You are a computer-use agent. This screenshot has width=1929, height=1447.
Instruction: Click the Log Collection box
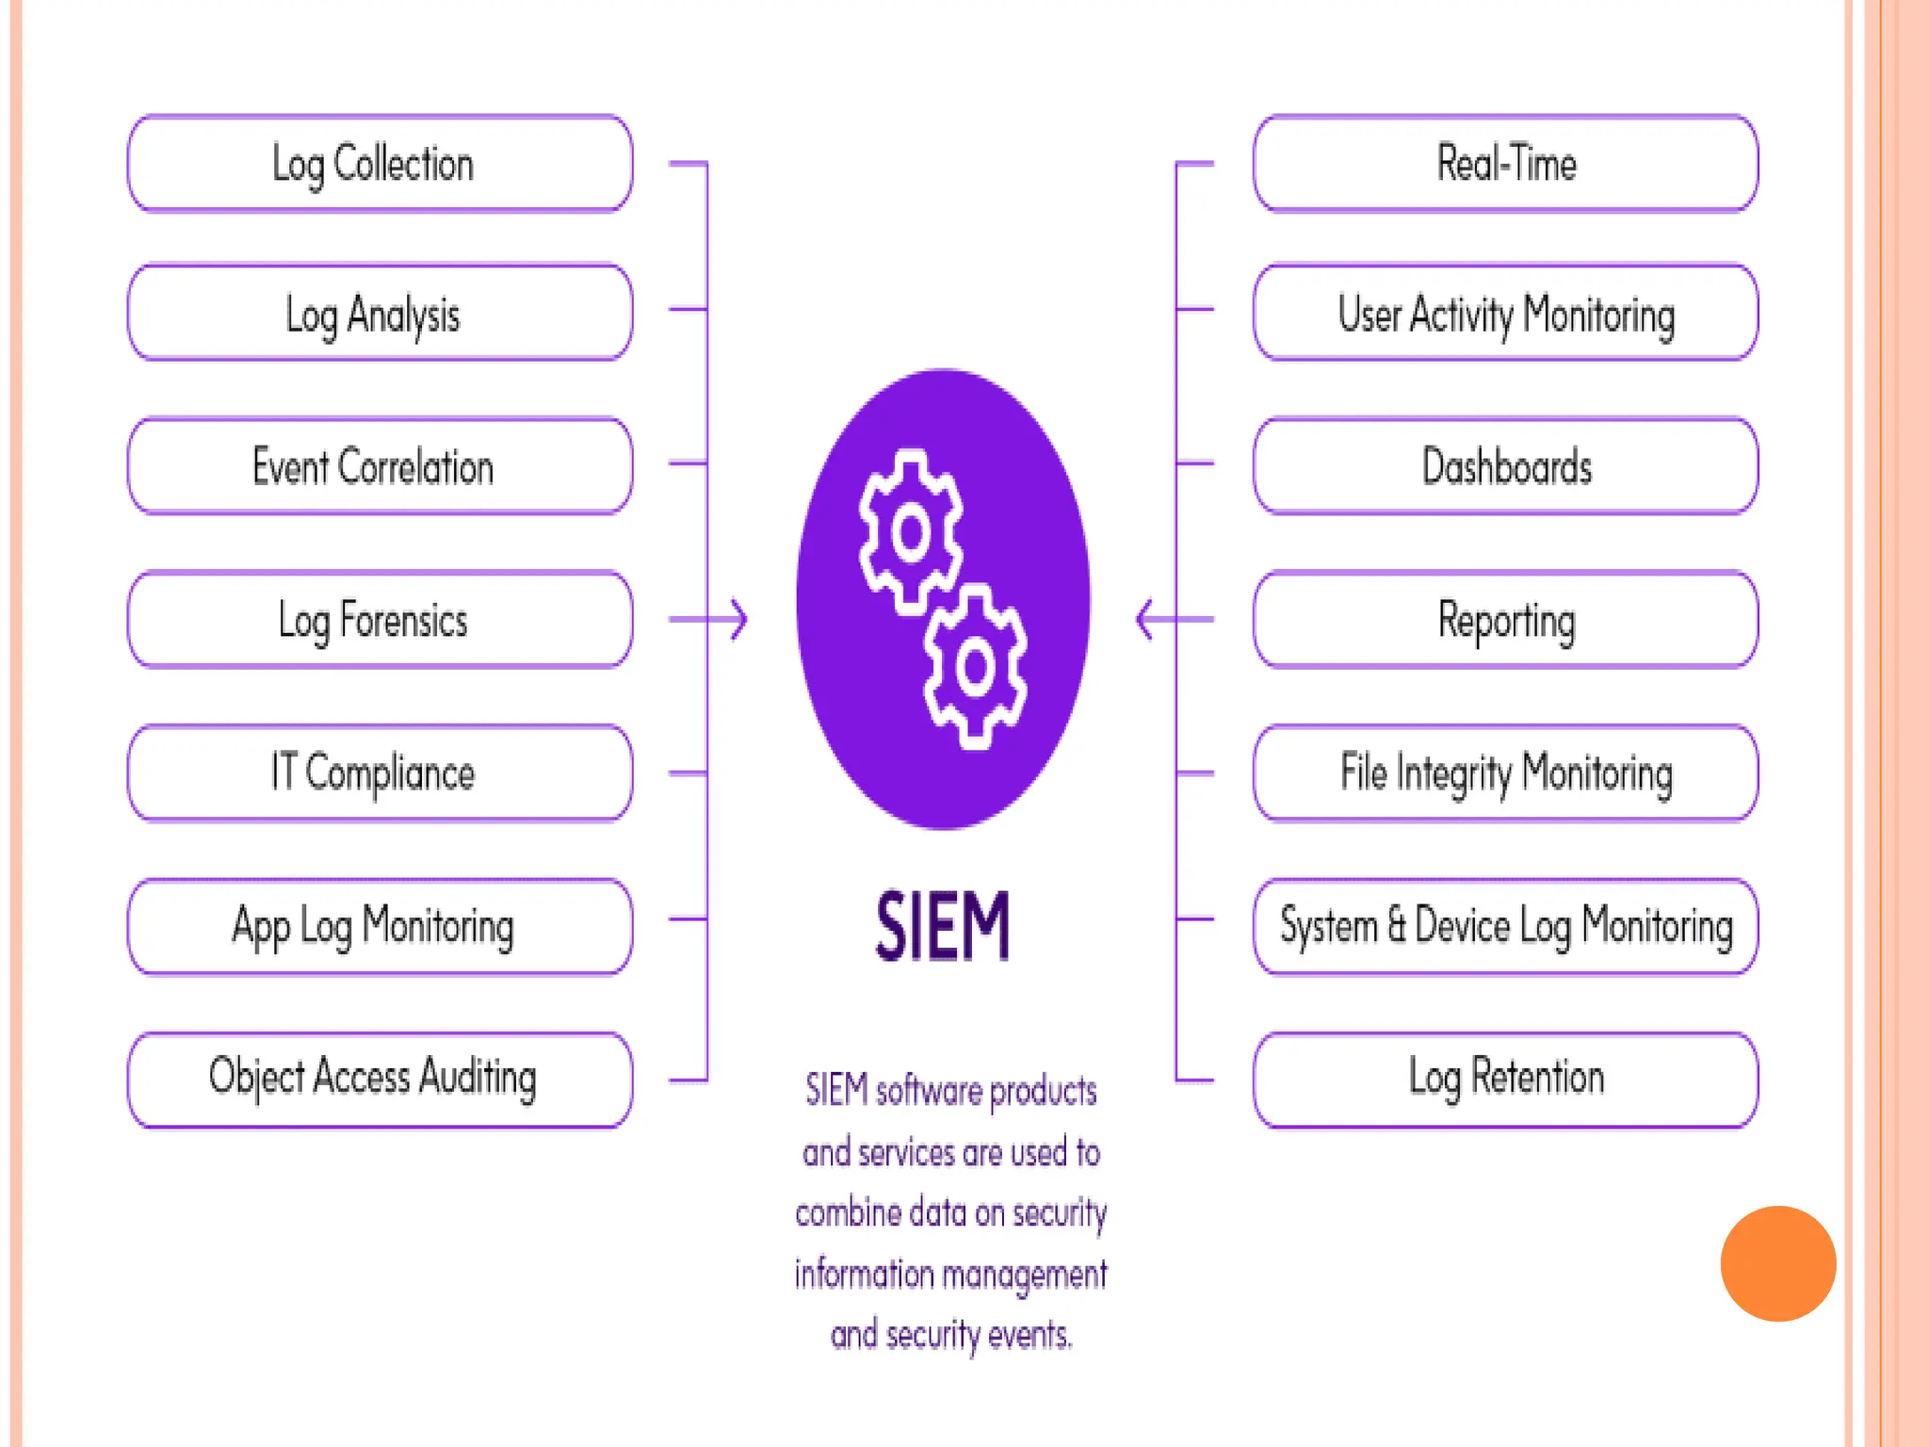[380, 164]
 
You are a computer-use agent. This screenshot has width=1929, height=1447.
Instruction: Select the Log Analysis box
[380, 313]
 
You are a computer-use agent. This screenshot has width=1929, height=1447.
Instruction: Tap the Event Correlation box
[380, 466]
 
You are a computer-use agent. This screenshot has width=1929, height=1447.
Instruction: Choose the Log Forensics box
[380, 620]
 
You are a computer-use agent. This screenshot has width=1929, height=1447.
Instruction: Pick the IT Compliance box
[380, 773]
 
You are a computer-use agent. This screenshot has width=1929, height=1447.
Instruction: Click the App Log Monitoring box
[380, 926]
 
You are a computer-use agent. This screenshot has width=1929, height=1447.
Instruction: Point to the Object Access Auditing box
[380, 1080]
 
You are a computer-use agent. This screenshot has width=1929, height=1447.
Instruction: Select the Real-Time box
[1505, 164]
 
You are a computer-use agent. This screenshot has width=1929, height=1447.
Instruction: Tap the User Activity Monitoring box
[1505, 313]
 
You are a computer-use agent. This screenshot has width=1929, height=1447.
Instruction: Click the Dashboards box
[1505, 466]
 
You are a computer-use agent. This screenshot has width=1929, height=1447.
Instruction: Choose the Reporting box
[1505, 620]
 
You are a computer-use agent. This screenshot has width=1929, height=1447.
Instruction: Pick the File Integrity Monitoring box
[1505, 773]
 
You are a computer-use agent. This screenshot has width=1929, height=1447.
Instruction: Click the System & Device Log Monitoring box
[1505, 926]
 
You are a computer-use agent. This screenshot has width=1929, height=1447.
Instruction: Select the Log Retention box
[1505, 1080]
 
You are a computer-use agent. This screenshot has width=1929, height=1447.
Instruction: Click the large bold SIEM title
[943, 927]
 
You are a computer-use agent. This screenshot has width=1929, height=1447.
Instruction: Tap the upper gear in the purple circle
[910, 532]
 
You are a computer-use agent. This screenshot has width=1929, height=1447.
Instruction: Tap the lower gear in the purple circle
[975, 667]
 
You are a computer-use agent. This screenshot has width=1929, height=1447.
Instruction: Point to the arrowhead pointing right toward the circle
[740, 620]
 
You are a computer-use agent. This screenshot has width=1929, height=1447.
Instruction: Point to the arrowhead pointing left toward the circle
[1144, 620]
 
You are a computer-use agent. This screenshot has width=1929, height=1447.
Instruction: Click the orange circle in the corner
[1777, 1263]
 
